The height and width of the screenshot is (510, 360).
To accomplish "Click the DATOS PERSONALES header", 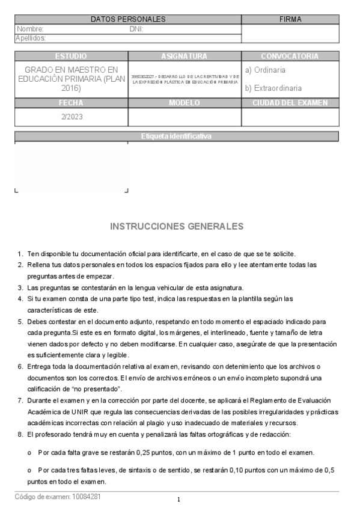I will coord(127,19).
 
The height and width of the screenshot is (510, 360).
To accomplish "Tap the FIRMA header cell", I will coord(290,19).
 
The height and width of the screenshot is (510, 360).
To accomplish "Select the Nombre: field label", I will coord(30,29).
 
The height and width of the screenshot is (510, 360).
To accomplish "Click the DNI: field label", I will coord(136,29).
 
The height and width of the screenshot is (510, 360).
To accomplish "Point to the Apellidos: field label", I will coord(31,38).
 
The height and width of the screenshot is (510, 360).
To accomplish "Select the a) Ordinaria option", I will coord(265,70).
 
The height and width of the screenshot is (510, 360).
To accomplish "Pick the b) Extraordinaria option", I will coord(273,88).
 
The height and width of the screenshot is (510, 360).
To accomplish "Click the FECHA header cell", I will coord(71,103).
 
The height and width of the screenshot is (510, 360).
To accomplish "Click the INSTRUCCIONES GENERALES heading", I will coord(177,227).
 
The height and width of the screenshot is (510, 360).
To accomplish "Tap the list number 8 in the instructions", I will coord(20,434).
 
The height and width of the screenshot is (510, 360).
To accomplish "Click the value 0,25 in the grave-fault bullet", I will coord(150,452).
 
